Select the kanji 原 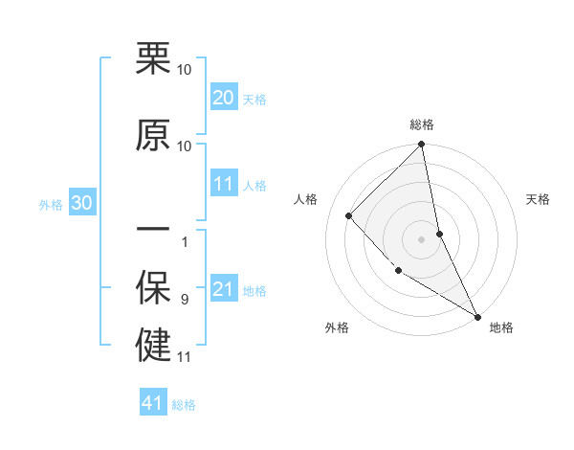click(153, 135)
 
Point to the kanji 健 click(153, 346)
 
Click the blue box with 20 click(224, 98)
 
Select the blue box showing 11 click(224, 184)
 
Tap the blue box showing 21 click(224, 289)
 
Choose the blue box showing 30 click(81, 203)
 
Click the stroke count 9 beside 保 click(185, 300)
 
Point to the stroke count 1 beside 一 click(185, 241)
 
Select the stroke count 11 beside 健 click(185, 357)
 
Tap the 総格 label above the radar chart click(422, 125)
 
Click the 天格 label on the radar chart click(538, 200)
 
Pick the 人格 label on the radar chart click(306, 200)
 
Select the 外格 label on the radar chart click(337, 327)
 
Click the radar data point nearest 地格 click(476, 315)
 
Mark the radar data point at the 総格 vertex click(422, 145)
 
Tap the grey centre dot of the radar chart click(422, 238)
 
